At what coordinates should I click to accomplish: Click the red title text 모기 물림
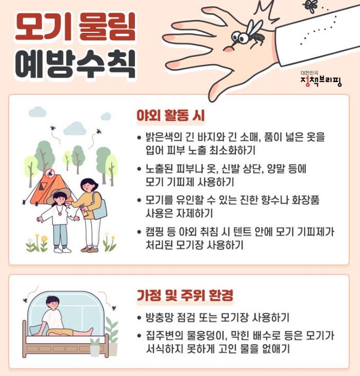coord(75,27)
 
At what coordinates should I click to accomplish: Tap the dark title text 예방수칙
coord(75,64)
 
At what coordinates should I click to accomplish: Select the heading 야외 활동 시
coord(170,115)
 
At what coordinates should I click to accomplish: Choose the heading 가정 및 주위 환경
coord(185,295)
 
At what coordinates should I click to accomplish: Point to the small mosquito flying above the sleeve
coord(311,6)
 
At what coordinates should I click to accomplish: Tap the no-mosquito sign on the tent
coord(50,173)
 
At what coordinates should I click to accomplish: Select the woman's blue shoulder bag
coord(99,206)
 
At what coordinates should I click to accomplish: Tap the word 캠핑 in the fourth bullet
coord(155,231)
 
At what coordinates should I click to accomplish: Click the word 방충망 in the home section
coord(159,318)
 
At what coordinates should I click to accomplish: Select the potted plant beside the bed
coord(112,336)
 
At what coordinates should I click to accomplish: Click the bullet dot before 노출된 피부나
coord(139,169)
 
